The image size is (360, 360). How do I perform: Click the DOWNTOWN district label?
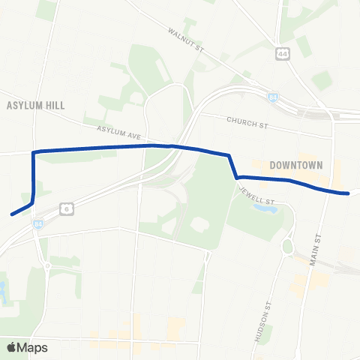pyautogui.click(x=295, y=165)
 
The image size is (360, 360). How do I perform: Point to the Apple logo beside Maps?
pyautogui.click(x=11, y=347)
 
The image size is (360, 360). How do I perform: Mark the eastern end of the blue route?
pyautogui.click(x=348, y=193)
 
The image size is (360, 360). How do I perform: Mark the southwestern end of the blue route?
pyautogui.click(x=12, y=214)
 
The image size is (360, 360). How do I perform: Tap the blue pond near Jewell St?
pyautogui.click(x=264, y=208)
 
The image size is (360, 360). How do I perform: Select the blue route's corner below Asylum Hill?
pyautogui.click(x=34, y=153)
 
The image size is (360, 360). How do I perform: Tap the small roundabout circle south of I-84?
pyautogui.click(x=46, y=264)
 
